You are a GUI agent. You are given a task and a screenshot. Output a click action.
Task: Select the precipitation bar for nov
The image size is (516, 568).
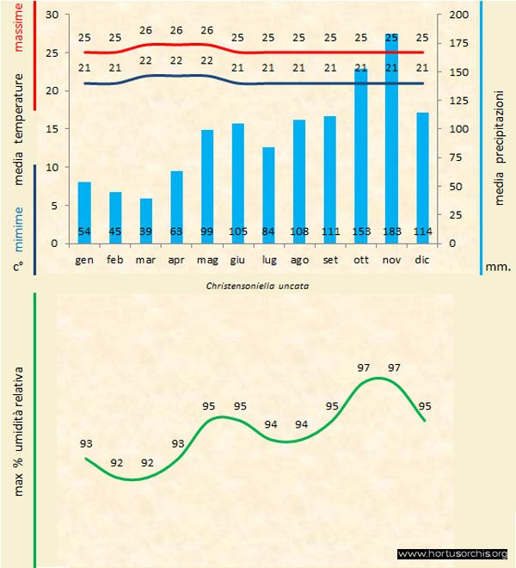point(391,138)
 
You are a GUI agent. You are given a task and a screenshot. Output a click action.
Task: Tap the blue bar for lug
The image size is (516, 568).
point(269,194)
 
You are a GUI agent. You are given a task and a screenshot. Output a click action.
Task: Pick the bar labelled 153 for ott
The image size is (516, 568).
point(361,156)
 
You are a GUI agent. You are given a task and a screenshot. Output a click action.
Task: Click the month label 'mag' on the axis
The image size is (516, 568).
point(208,259)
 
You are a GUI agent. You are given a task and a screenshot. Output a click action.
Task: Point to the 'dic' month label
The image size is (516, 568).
point(421,259)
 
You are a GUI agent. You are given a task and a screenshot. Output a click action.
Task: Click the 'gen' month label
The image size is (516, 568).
point(84,259)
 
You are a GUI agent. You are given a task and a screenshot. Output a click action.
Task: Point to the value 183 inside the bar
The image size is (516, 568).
point(391,232)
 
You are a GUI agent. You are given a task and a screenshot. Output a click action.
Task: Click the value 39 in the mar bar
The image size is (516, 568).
point(146,232)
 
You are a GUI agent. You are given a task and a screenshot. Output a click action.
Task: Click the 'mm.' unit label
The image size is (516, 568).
point(498,267)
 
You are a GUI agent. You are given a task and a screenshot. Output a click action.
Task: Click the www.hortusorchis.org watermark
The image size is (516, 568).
point(453,554)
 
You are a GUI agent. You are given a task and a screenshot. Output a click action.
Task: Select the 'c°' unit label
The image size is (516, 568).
point(17,267)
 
